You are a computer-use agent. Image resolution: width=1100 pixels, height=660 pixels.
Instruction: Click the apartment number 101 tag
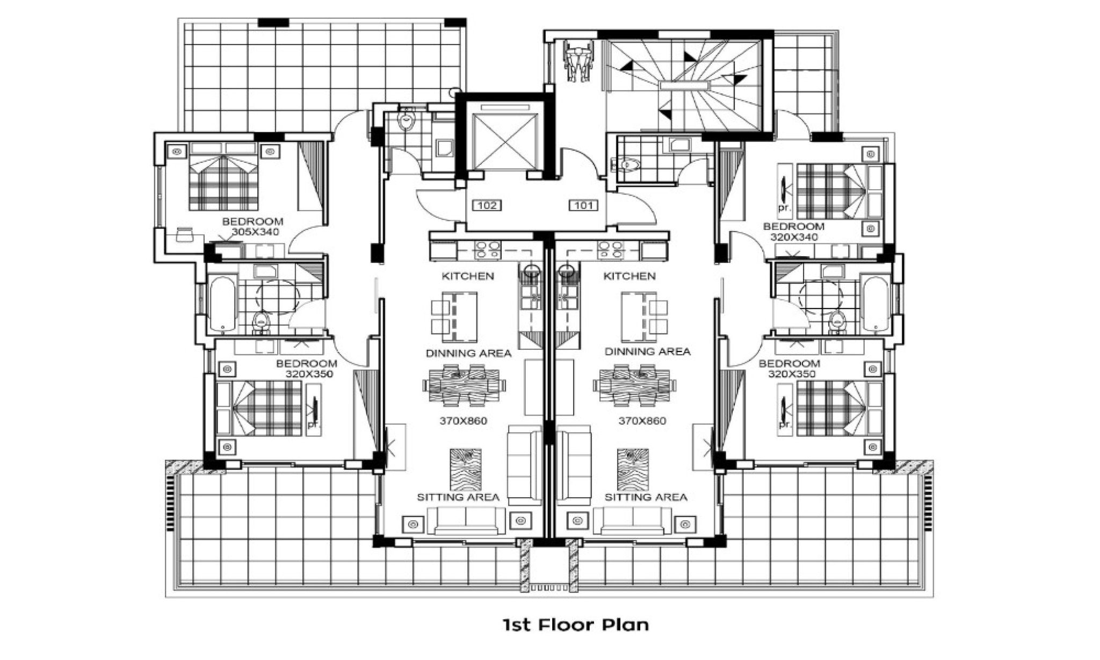[x=584, y=205]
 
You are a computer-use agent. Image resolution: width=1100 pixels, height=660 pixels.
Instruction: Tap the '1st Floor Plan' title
[x=576, y=625]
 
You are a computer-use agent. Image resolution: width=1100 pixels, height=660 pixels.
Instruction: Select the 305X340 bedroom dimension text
[x=255, y=232]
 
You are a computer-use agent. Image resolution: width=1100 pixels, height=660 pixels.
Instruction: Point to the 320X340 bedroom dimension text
[x=794, y=237]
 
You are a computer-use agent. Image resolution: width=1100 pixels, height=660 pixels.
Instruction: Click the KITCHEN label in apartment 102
[x=467, y=276]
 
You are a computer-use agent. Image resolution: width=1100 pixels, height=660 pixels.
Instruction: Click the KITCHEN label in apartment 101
[x=629, y=276]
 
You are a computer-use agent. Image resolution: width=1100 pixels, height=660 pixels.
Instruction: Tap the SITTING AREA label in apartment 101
[x=646, y=498]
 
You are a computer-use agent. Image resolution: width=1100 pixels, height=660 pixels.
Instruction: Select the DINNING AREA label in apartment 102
[x=468, y=354]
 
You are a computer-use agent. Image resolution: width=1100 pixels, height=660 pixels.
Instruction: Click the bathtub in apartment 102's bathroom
[x=222, y=304]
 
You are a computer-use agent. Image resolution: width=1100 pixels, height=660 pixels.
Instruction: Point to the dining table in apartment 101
[x=635, y=385]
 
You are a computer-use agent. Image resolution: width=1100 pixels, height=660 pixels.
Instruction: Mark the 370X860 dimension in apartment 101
[x=642, y=421]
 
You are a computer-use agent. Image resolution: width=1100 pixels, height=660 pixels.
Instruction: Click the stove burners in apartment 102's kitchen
[x=488, y=250]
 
